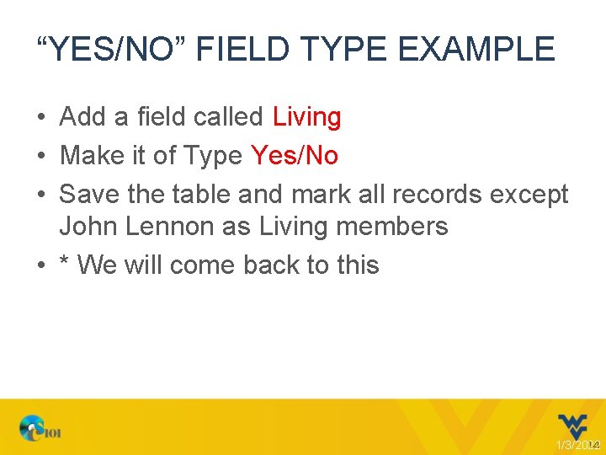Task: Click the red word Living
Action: [x=306, y=117]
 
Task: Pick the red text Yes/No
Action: [x=295, y=156]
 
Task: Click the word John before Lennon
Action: [x=87, y=227]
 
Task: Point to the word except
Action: [x=529, y=195]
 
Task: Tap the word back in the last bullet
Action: [x=274, y=265]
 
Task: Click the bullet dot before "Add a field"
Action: [x=41, y=118]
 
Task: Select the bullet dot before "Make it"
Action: [x=41, y=157]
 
